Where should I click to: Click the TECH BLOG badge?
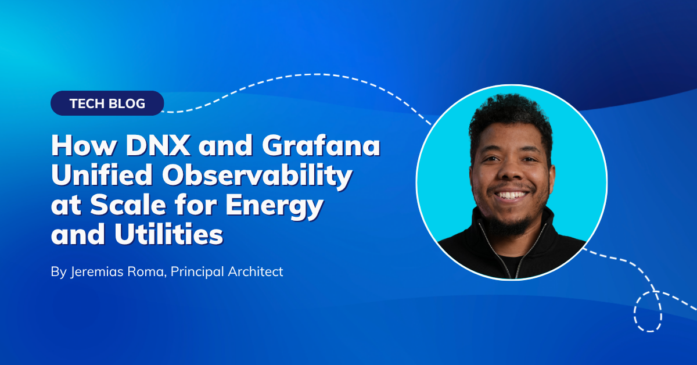[x=107, y=103]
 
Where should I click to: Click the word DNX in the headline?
[x=159, y=145]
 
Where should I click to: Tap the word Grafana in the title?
[x=321, y=145]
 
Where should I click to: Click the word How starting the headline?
[x=84, y=145]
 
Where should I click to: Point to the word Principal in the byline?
[x=197, y=272]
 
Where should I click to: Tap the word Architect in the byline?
[x=256, y=271]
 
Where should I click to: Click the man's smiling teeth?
[x=511, y=195]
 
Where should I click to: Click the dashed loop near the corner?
[x=635, y=312]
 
